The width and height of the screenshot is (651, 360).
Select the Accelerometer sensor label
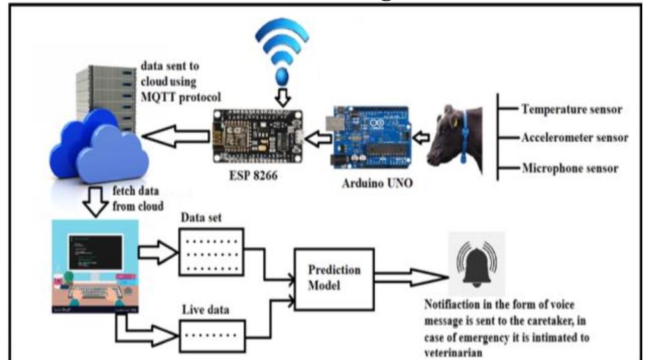click(x=574, y=137)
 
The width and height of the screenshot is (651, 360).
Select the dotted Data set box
click(x=212, y=252)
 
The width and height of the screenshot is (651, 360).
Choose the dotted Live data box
click(x=212, y=332)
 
